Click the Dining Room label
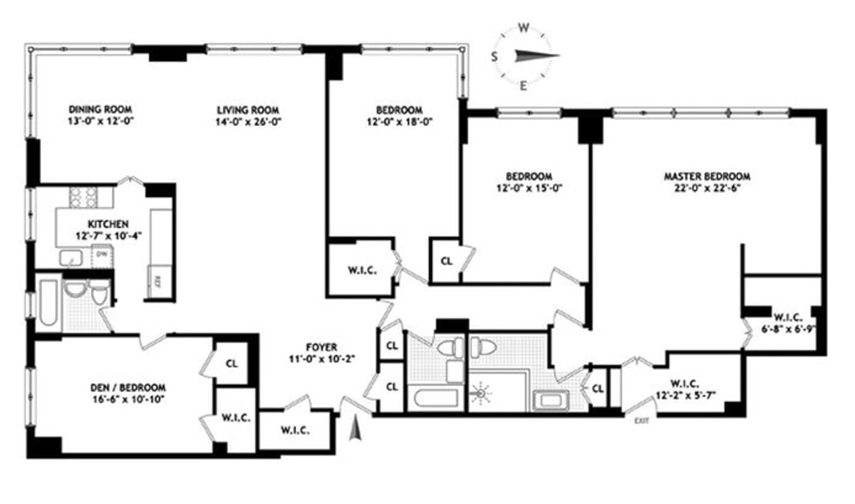pos(100,109)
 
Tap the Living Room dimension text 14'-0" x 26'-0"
pos(248,121)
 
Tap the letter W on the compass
pos(524,29)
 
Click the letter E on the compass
pos(524,86)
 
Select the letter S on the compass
pos(494,57)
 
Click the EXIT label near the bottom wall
pos(641,421)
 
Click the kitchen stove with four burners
pos(83,196)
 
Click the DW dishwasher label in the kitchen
pos(103,253)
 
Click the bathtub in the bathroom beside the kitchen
pos(48,305)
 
